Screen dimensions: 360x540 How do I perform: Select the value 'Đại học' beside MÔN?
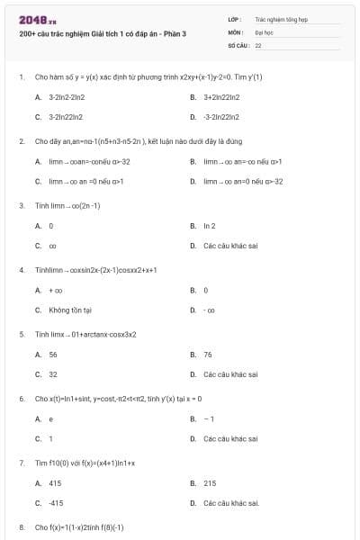pos(264,31)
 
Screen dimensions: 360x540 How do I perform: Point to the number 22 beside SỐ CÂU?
pos(258,44)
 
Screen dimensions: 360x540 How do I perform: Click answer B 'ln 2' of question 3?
pos(210,226)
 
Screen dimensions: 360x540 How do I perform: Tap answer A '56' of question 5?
pos(53,355)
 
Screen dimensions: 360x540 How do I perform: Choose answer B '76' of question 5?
pos(208,355)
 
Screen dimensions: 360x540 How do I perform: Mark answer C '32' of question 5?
pos(53,374)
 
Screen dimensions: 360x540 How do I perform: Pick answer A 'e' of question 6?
pos(50,419)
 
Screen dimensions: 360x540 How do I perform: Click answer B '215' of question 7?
pos(210,483)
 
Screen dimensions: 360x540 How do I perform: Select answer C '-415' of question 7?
pos(56,503)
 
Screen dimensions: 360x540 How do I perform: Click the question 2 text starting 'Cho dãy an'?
pos(125,141)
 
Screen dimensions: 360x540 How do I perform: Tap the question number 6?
pos(21,399)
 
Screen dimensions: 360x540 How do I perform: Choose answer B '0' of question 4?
pos(206,291)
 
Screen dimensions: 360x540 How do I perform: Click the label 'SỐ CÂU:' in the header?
pos(238,44)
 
